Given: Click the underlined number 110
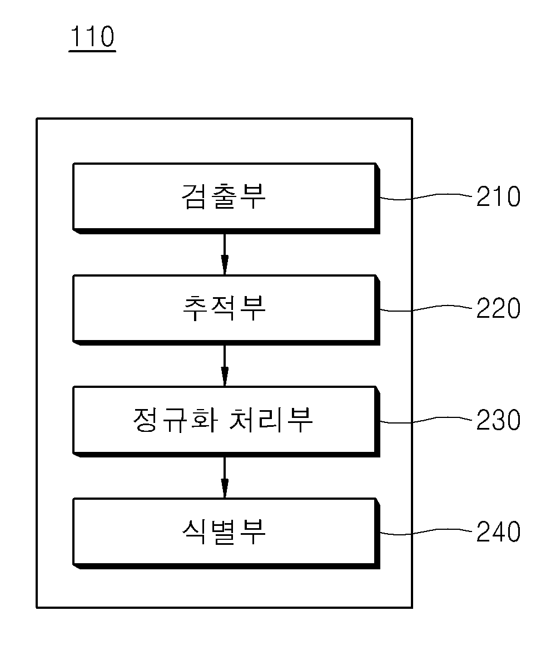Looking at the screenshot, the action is tap(92, 37).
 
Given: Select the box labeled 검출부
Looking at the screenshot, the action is tap(226, 198).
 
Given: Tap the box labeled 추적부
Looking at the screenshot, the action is tap(226, 310).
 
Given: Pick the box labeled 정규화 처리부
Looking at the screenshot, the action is tap(226, 421).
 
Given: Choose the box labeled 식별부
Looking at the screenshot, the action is tap(226, 533).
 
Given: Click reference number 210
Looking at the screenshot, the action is tap(498, 196).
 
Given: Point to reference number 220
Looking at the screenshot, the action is tap(498, 308).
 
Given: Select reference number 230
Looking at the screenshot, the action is tap(498, 420).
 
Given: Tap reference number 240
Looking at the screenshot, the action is tap(498, 531).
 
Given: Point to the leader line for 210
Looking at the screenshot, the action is tap(426, 196).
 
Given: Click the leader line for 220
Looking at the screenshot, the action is tap(426, 308).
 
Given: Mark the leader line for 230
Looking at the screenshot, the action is tap(426, 420).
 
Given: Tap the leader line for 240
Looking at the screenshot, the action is tap(426, 532).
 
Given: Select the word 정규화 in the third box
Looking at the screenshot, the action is tap(176, 420).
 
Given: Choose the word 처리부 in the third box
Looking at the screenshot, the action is tap(271, 420).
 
